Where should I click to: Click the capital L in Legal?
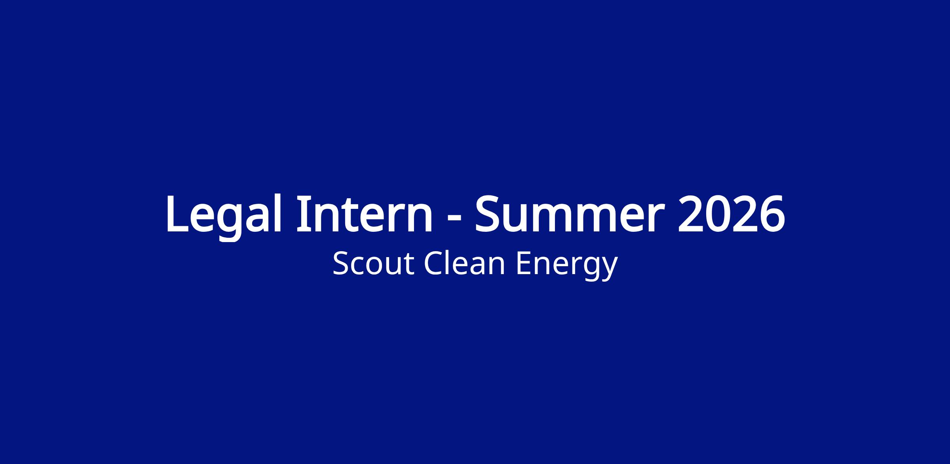(177, 214)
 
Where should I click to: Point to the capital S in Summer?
(487, 214)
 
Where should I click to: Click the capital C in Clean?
(433, 263)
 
